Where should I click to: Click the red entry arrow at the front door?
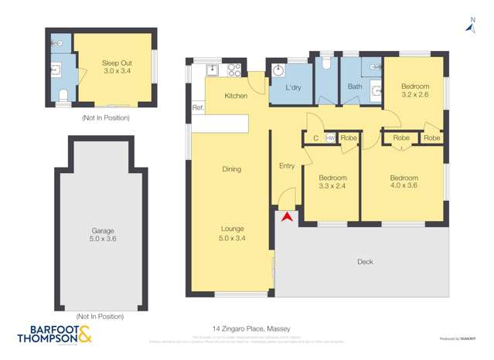coord(286,218)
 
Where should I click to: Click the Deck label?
coord(365,262)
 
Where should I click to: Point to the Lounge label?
coord(232,229)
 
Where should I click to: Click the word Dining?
coord(231,169)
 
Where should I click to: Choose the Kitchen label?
coord(236,96)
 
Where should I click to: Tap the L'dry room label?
coord(293,88)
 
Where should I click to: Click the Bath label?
coord(355,87)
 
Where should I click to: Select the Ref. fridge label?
coord(197,108)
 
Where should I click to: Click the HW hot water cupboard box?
coord(330,138)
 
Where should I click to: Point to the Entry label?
coord(286,166)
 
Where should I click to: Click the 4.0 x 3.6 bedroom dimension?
coord(404,185)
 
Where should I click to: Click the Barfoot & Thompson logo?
coord(54,334)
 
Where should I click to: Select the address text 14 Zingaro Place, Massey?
coord(247,328)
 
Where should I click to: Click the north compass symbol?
coord(470,27)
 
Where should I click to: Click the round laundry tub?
coord(279,70)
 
